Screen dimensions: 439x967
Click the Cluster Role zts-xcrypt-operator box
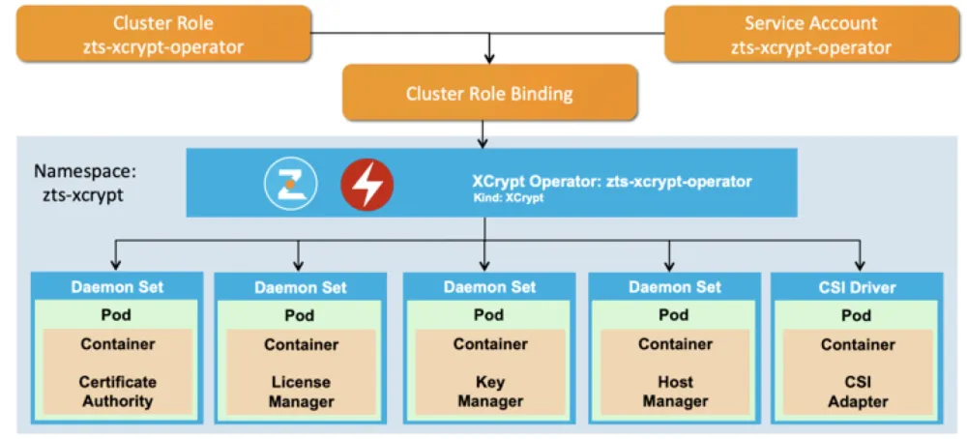(x=163, y=35)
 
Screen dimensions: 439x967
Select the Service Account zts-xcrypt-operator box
(x=810, y=35)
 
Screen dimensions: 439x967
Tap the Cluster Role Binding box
(x=489, y=94)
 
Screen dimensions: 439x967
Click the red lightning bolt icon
(x=366, y=184)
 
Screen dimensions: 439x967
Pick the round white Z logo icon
(x=291, y=184)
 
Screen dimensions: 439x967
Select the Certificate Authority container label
(x=117, y=392)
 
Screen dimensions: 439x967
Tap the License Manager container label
(x=301, y=392)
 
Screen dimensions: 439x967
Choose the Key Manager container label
(x=490, y=392)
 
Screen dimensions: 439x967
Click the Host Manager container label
(x=674, y=392)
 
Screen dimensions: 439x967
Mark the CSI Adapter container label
(x=858, y=392)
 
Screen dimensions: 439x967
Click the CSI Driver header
(x=858, y=287)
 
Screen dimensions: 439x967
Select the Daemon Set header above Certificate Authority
(x=117, y=287)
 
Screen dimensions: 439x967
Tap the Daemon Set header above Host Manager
(x=674, y=287)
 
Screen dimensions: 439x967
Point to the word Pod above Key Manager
(x=489, y=315)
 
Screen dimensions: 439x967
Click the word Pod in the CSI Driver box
(x=858, y=315)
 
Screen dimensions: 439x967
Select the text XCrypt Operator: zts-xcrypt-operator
(x=611, y=181)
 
